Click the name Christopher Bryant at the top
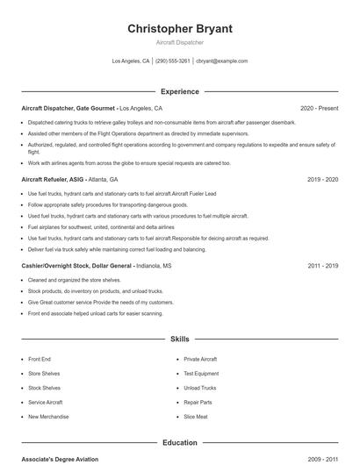179,29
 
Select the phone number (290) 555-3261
172,61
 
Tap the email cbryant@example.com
222,61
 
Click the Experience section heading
179,91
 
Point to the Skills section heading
179,338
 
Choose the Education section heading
179,443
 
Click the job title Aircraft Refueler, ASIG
54,179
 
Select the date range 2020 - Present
319,108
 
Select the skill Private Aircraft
200,359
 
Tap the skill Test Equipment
201,373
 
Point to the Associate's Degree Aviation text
60,459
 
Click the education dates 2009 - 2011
322,459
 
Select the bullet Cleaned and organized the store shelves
74,281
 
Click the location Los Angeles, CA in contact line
131,61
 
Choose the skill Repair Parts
198,402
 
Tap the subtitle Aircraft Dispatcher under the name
179,42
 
